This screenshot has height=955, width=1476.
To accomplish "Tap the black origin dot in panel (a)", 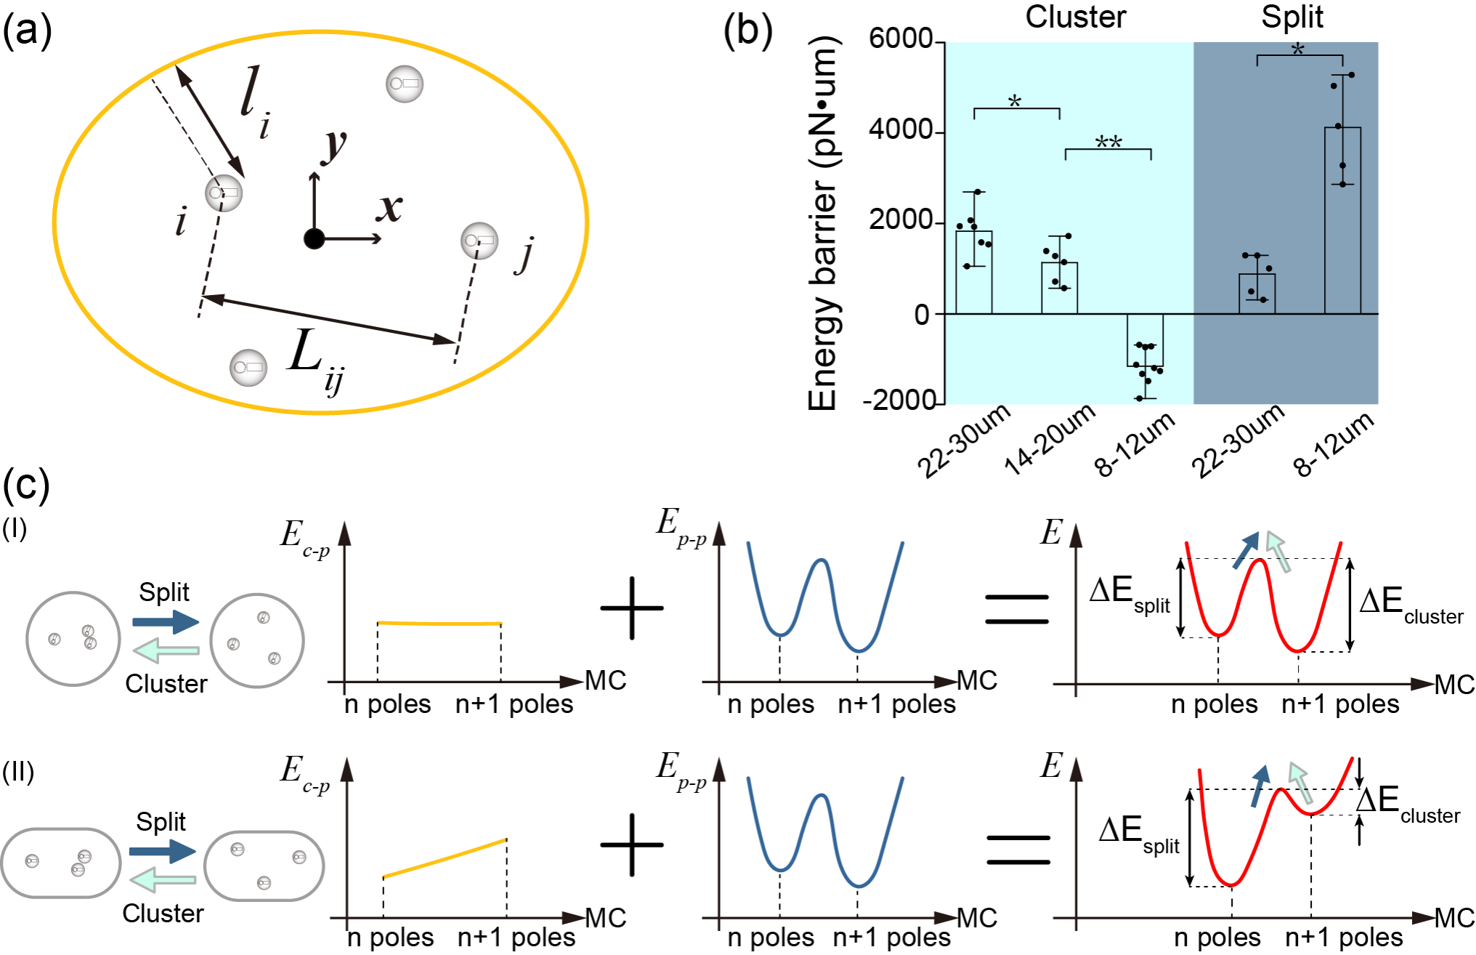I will pos(314,238).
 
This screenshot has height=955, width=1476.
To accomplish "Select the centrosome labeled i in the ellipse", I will pos(224,193).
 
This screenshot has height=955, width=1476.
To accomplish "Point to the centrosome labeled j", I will pos(479,241).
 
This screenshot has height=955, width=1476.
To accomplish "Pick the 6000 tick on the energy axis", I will pos(900,39).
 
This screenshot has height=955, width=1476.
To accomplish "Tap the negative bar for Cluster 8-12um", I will pos(1145,340).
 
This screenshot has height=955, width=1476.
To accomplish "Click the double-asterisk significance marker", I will pos(1108,142).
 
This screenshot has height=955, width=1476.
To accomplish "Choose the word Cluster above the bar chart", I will pos(1075,17).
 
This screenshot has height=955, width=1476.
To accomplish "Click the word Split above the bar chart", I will pos(1292,17).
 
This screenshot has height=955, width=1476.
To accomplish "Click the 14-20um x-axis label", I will pos(1050,440).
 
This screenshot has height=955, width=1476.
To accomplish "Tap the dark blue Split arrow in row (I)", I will pos(166,621).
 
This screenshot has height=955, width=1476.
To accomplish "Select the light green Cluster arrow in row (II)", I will pos(163,881).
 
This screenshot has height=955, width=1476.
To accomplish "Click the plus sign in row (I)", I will pos(632,608).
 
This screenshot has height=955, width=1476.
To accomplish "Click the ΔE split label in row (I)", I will pos(1129,594).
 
